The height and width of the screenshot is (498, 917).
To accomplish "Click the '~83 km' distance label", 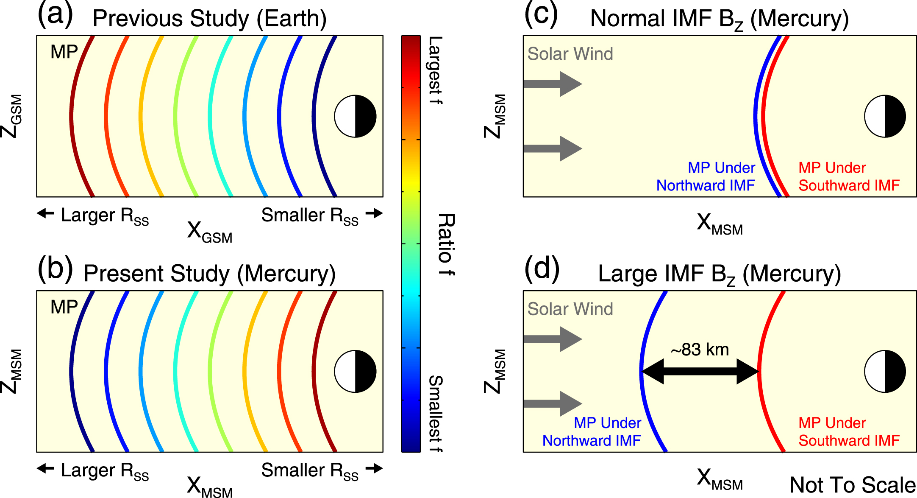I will pyautogui.click(x=700, y=350).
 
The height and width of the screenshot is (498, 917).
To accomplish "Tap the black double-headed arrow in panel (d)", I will pyautogui.click(x=700, y=372).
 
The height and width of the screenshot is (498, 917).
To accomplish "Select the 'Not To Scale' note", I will pyautogui.click(x=852, y=485).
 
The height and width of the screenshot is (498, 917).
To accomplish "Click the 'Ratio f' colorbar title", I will pyautogui.click(x=446, y=245).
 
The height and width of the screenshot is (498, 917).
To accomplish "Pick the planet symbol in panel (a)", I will pyautogui.click(x=355, y=116).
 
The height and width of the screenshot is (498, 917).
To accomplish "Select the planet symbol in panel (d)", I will pyautogui.click(x=885, y=372).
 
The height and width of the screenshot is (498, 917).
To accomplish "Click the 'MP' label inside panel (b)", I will pyautogui.click(x=64, y=307).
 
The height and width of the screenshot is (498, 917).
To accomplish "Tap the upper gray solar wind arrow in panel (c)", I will pyautogui.click(x=553, y=84).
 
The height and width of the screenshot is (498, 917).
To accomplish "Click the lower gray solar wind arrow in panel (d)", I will pyautogui.click(x=553, y=403).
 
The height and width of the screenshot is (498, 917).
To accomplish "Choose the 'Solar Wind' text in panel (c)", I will pyautogui.click(x=570, y=54).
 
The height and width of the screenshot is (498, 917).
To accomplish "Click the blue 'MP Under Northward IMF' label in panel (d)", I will pyautogui.click(x=592, y=432).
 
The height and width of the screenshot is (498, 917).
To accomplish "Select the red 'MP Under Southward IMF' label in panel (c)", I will pyautogui.click(x=849, y=177).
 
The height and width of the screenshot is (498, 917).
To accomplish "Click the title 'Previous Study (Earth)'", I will pyautogui.click(x=209, y=19).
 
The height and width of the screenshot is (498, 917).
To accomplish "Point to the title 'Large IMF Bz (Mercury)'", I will pyautogui.click(x=719, y=274).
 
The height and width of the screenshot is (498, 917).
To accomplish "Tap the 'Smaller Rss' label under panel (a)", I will pyautogui.click(x=310, y=215).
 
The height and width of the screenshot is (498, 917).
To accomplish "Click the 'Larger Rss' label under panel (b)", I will pyautogui.click(x=105, y=471).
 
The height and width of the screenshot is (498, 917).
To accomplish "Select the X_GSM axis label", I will pyautogui.click(x=210, y=232).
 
